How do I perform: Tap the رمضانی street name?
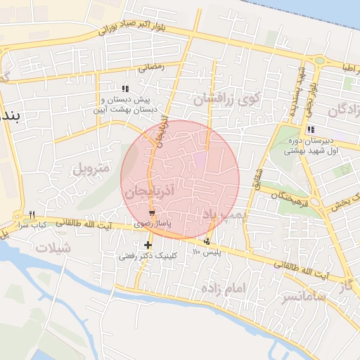click(x=150, y=67)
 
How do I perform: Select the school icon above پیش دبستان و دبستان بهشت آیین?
click(x=125, y=89)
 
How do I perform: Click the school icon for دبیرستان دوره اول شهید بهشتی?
click(x=311, y=129)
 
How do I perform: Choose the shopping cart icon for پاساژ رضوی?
click(x=152, y=212)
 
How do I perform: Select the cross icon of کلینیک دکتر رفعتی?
click(x=148, y=245)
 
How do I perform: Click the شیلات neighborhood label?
click(x=53, y=247)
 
